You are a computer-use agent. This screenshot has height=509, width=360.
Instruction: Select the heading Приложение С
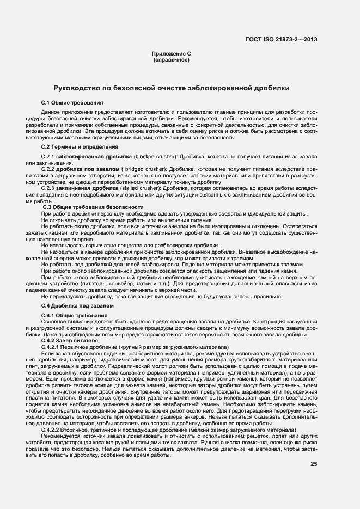(171, 54)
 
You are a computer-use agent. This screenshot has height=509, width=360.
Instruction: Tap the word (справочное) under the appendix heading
(171, 59)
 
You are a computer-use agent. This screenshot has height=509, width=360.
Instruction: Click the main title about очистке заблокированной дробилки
(171, 88)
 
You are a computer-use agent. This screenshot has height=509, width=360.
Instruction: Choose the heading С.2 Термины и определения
(80, 146)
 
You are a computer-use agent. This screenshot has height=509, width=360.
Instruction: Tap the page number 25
(314, 464)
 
